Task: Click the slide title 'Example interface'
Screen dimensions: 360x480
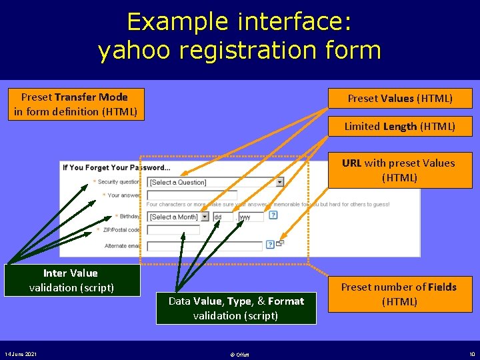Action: click(x=239, y=22)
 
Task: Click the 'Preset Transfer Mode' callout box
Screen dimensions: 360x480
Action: click(x=75, y=104)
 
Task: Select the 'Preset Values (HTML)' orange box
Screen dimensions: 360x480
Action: click(x=400, y=99)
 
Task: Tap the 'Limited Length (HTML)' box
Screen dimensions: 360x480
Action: click(x=400, y=126)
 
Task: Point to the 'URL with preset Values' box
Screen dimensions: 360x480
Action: click(x=399, y=170)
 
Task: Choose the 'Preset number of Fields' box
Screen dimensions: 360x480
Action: click(x=399, y=294)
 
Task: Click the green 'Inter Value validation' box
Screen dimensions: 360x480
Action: click(x=71, y=280)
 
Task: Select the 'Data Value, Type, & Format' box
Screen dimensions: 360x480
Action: click(x=236, y=308)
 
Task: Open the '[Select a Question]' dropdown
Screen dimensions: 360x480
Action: click(x=215, y=182)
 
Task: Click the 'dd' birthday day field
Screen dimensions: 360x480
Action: click(x=223, y=217)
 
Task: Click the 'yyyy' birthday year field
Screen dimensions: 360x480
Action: click(x=251, y=217)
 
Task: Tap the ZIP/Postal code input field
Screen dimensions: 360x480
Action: click(x=173, y=230)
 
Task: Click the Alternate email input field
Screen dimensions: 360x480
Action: click(x=204, y=245)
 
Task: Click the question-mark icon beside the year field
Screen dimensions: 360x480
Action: click(x=273, y=215)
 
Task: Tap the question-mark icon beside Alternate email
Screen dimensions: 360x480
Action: click(x=270, y=245)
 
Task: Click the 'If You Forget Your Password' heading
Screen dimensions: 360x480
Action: click(x=117, y=167)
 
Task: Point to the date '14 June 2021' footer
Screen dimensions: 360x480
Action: click(x=21, y=353)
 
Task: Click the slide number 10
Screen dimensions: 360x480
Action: click(x=471, y=353)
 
